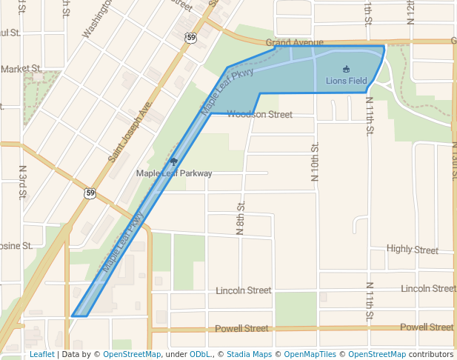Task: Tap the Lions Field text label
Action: [x=347, y=81]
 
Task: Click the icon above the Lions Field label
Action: [x=346, y=70]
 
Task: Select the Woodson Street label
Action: [x=260, y=114]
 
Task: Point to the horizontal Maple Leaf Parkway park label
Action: [x=174, y=173]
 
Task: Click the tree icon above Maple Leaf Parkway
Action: [x=173, y=161]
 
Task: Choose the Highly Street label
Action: [x=413, y=250]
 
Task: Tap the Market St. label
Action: [x=20, y=69]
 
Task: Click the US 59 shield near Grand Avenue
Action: [x=191, y=37]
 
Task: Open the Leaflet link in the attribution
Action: [x=41, y=354]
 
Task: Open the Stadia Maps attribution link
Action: [x=250, y=354]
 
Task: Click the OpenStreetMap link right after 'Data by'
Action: [x=132, y=354]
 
